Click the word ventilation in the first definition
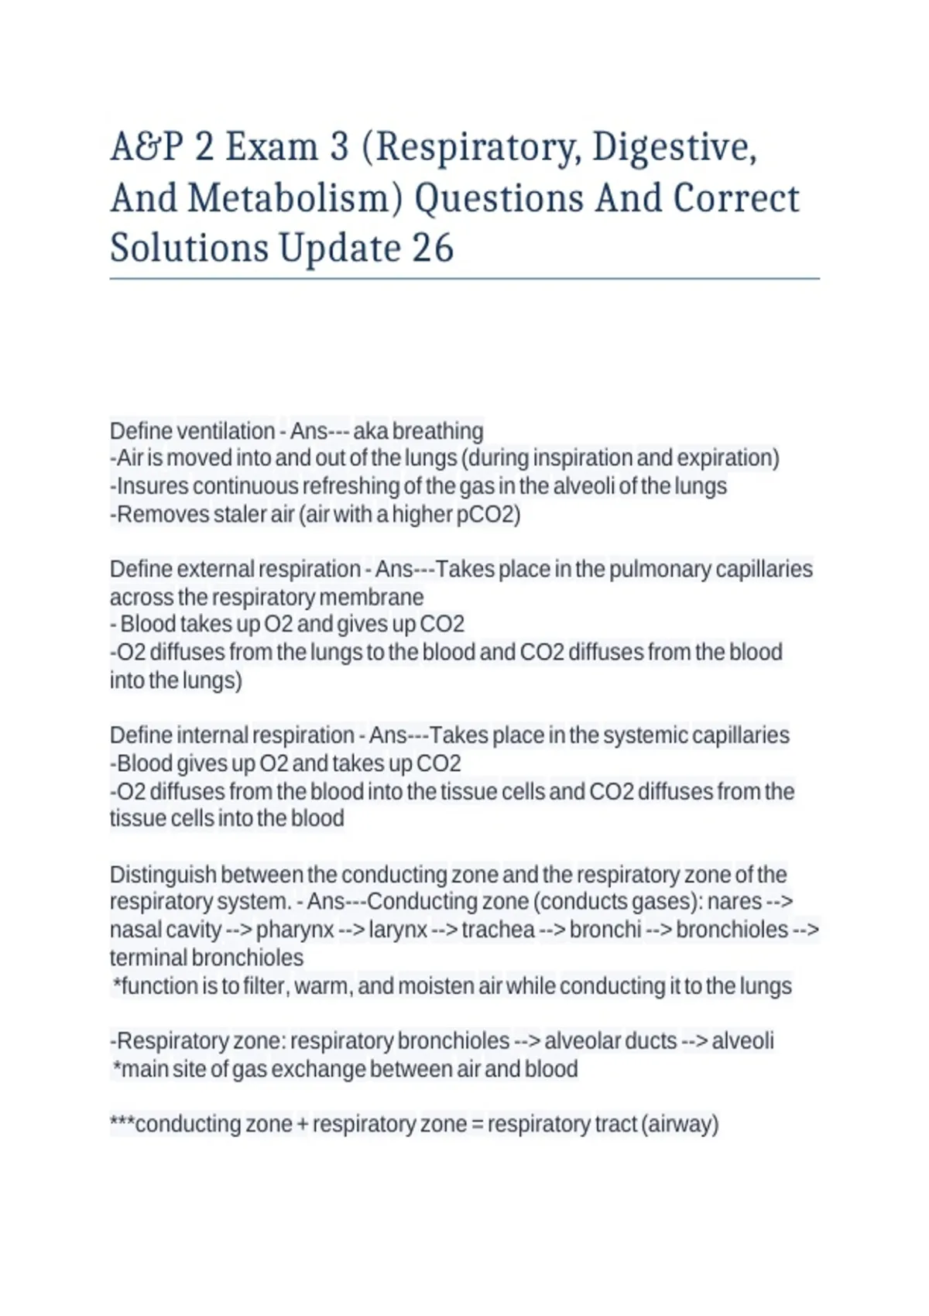(225, 430)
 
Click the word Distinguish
(163, 874)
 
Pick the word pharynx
(295, 929)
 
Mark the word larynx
(398, 929)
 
